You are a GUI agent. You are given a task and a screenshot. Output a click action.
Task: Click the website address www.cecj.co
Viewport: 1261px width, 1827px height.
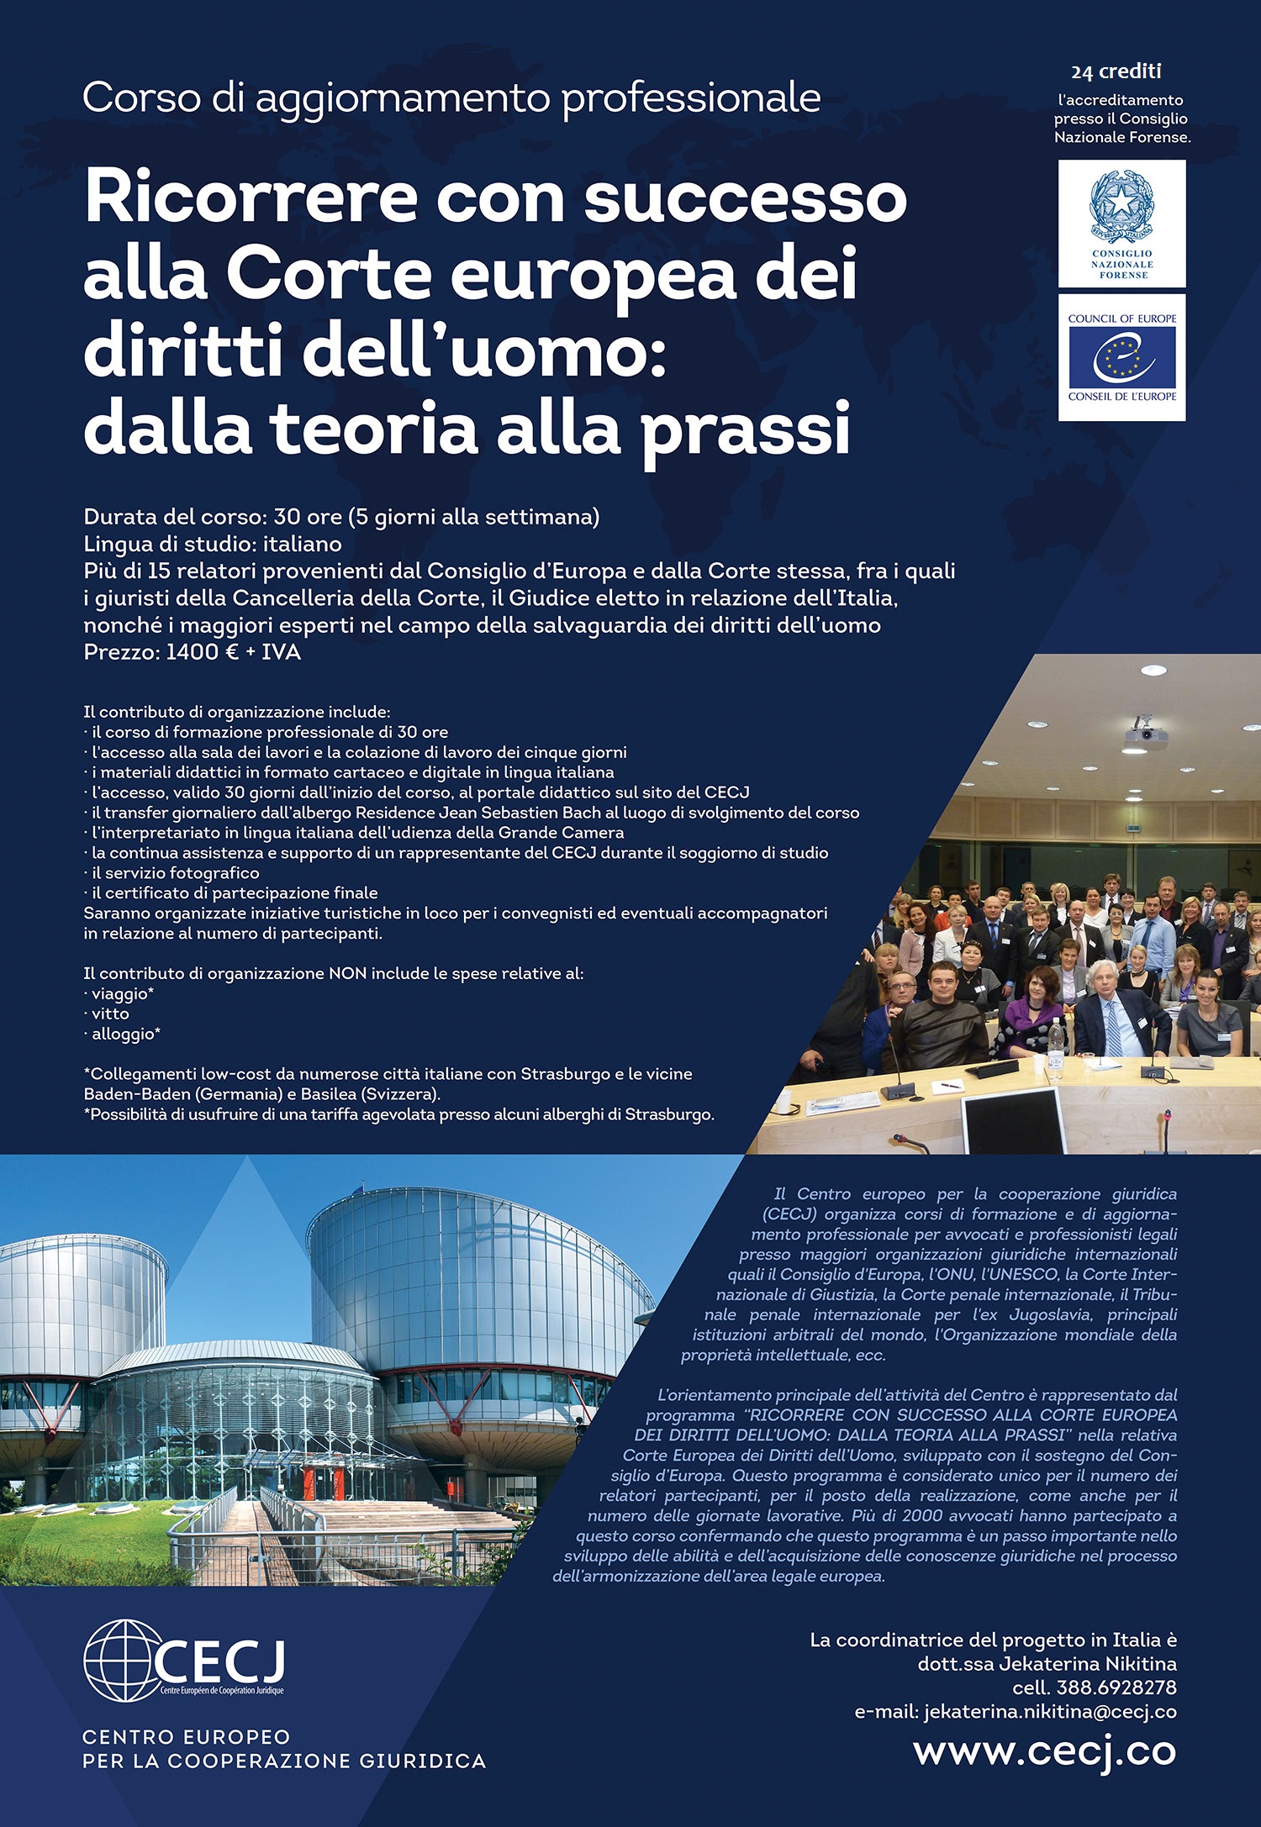pos(1044,1751)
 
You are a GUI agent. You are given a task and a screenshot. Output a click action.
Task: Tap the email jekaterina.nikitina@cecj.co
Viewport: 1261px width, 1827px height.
pos(1050,1712)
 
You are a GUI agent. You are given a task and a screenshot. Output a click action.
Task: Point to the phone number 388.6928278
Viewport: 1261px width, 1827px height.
pos(1116,1687)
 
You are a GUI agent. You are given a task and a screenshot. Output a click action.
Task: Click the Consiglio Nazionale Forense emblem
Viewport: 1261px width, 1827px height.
pos(1121,207)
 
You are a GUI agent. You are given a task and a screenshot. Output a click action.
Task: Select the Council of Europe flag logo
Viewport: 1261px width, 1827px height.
pos(1121,356)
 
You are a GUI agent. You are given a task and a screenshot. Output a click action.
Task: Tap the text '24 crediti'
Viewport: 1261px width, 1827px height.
pos(1116,71)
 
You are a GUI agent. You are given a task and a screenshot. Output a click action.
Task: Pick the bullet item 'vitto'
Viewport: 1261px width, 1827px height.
pos(110,1014)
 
